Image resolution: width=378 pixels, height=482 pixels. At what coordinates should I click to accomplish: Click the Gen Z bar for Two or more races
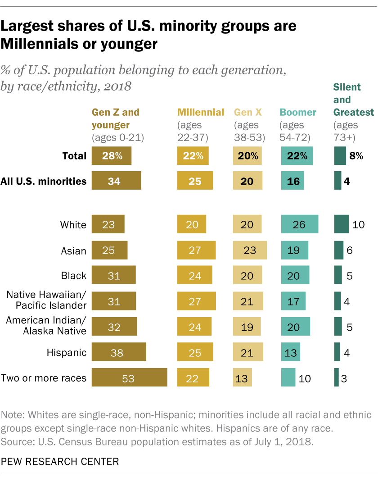(x=130, y=377)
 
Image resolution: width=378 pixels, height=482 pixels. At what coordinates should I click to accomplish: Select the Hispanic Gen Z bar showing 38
(x=119, y=352)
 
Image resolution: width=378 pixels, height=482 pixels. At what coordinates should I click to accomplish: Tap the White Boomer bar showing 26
(x=299, y=224)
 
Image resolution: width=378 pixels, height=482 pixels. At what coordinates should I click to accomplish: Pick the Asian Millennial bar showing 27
(x=196, y=250)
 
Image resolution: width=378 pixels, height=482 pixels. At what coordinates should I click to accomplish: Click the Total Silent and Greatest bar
(x=340, y=156)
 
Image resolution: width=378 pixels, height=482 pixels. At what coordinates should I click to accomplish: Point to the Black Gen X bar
(x=247, y=275)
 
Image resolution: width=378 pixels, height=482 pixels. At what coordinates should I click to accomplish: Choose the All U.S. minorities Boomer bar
(x=292, y=181)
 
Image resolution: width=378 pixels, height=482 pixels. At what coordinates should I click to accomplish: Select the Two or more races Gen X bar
(x=243, y=377)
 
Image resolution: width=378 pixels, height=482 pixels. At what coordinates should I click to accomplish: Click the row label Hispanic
(x=67, y=352)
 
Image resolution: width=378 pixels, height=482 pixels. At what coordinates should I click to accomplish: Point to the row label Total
(x=74, y=156)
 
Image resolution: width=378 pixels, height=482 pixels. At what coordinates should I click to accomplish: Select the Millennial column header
(x=201, y=112)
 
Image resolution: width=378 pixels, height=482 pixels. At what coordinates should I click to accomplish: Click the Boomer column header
(x=298, y=112)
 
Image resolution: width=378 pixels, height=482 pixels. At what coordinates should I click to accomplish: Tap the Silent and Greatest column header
(x=353, y=100)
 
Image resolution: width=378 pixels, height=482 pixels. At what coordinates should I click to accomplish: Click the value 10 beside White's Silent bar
(x=358, y=224)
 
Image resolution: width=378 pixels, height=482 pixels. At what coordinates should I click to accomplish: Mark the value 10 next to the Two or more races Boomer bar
(x=305, y=378)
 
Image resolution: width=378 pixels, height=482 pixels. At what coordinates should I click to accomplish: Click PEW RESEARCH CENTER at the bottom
(x=60, y=461)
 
